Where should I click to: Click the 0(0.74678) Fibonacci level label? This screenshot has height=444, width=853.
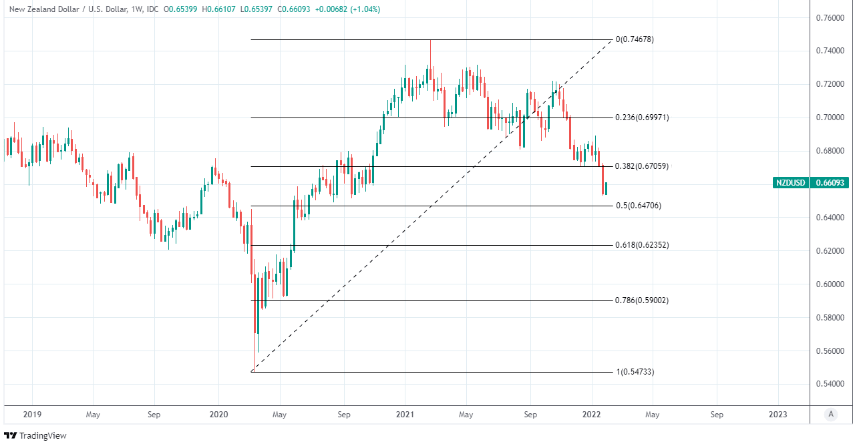tap(634, 39)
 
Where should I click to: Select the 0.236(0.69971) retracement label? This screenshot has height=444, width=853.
tap(641, 118)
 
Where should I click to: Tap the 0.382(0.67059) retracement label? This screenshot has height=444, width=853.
tap(641, 166)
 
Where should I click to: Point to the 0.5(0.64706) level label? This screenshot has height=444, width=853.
tap(639, 206)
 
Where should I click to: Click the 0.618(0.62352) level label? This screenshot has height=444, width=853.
tap(641, 245)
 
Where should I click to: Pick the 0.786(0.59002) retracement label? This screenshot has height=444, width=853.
tap(641, 300)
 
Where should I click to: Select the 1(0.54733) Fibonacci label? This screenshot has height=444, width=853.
tap(635, 371)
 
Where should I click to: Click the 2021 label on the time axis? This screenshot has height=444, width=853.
tap(404, 415)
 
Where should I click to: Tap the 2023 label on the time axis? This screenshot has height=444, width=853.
tap(778, 415)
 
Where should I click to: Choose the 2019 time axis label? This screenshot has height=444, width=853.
tap(32, 415)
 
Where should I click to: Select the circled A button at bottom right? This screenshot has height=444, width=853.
tap(831, 415)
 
